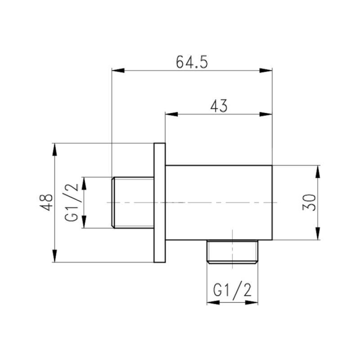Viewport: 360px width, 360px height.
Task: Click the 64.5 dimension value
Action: click(x=192, y=62)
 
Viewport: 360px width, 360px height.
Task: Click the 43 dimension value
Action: click(x=219, y=106)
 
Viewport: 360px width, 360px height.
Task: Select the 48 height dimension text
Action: click(x=47, y=202)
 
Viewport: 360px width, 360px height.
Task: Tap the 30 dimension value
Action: click(x=309, y=202)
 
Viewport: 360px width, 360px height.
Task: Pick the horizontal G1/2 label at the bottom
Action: click(x=232, y=290)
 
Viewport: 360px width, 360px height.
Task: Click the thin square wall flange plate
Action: click(x=160, y=202)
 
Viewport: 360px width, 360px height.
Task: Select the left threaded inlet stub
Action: click(x=132, y=202)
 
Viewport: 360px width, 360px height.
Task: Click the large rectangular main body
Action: click(x=219, y=202)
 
